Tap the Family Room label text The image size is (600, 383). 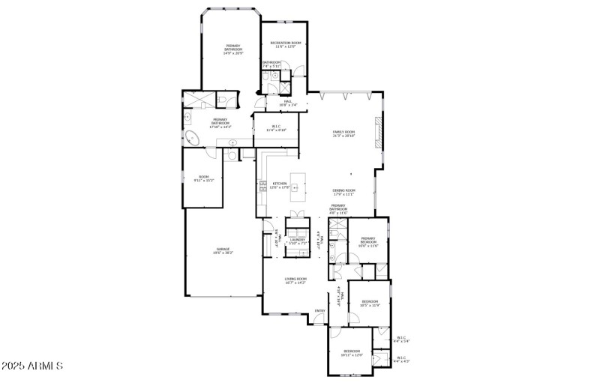point(343,132)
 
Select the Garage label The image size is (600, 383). point(223,250)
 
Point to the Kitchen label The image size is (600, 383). point(280,184)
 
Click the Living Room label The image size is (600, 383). point(295,280)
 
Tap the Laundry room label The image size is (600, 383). point(298,240)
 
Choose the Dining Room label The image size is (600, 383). point(344,190)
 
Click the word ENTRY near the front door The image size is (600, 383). point(320,311)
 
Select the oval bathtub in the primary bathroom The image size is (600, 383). point(192,139)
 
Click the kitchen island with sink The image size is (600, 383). point(299,184)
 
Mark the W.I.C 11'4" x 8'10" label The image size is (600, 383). point(277,127)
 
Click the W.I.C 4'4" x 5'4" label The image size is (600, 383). point(402,340)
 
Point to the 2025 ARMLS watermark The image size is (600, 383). point(33,367)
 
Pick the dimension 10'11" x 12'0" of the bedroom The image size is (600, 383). point(352,355)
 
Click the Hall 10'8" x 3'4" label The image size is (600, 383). point(287,103)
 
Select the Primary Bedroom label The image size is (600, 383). point(368,240)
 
